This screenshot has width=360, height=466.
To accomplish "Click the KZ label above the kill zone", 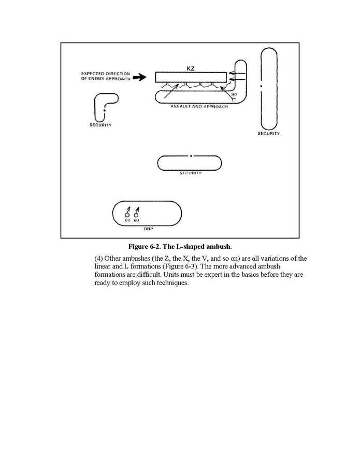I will tap(190, 67).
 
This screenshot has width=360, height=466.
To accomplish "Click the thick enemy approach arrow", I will tap(140, 78).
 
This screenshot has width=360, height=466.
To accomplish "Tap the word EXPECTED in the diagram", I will tap(91, 74).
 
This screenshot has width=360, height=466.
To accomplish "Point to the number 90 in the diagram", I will tap(234, 94).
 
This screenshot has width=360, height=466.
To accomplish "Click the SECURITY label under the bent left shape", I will tap(100, 125).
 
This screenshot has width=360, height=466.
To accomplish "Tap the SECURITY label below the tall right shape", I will tap(268, 134).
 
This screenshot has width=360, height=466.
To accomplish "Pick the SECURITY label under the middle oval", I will tap(191, 173).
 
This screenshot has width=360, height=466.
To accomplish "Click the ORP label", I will tap(147, 228).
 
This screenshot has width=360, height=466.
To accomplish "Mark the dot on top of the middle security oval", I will tap(191, 156).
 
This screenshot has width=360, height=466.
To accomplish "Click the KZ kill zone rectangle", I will tap(191, 77).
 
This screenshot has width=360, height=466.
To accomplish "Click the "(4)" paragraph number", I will tap(98, 258).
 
